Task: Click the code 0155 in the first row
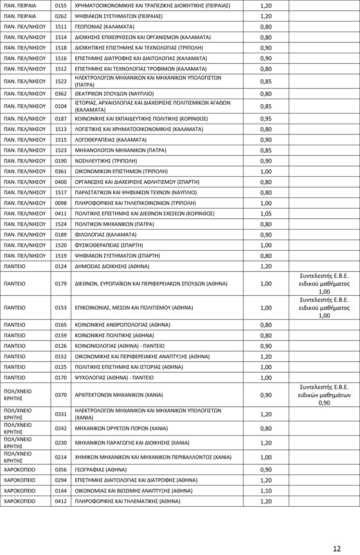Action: coord(61,6)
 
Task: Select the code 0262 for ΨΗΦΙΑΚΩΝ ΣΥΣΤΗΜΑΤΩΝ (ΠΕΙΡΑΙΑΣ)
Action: coord(61,16)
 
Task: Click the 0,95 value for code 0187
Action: coord(266,119)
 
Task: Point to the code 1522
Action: coord(61,81)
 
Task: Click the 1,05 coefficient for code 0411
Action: coord(266,213)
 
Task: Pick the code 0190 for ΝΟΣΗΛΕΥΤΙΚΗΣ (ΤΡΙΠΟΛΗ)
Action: coord(61,161)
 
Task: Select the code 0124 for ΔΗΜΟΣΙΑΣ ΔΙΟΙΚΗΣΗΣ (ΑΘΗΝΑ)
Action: coord(61,267)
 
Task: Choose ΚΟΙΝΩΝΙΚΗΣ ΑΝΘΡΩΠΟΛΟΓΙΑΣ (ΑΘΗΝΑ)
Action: coord(122,325)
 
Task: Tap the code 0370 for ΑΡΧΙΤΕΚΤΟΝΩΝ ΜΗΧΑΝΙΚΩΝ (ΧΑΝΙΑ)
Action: coord(61,395)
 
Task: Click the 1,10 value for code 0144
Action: coord(266,491)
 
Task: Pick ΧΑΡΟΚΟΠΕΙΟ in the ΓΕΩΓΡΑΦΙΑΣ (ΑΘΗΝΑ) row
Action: coord(20,470)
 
